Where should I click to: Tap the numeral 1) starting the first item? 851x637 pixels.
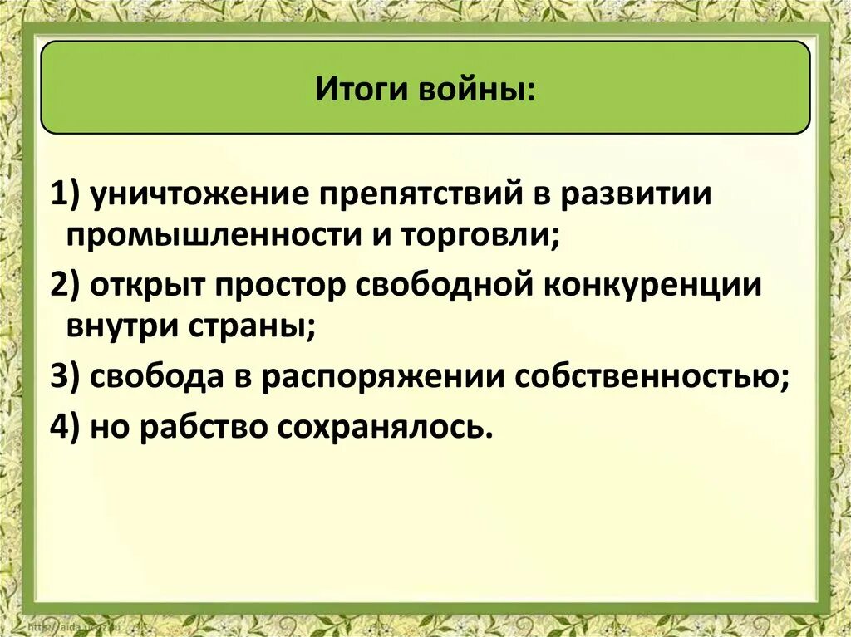[x=65, y=196]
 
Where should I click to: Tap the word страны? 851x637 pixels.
[x=255, y=325]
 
